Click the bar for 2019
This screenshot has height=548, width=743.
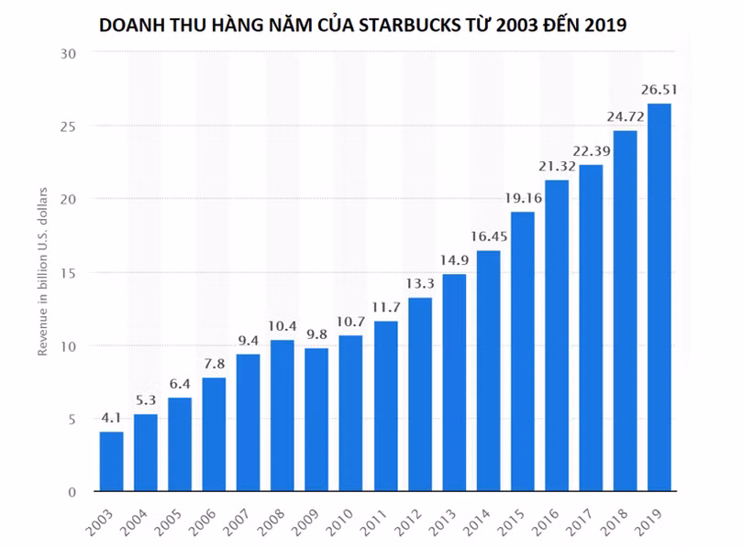click(x=659, y=298)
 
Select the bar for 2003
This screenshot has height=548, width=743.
click(x=111, y=462)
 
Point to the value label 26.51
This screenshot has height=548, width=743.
click(x=659, y=90)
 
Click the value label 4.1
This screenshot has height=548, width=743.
click(x=111, y=418)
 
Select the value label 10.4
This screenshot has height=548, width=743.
click(x=283, y=325)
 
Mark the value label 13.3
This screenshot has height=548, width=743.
click(x=419, y=283)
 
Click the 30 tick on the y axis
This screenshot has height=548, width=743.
click(x=68, y=53)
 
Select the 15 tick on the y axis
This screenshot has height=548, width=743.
click(x=68, y=273)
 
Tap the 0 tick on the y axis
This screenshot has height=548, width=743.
click(x=72, y=492)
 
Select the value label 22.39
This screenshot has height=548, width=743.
click(x=590, y=150)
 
